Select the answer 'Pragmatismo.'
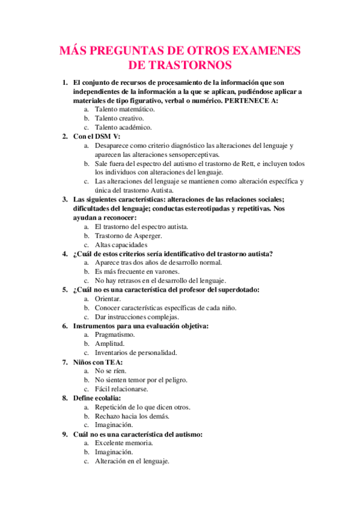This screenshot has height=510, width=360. pos(114,334)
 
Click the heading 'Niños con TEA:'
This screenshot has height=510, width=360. pos(98,362)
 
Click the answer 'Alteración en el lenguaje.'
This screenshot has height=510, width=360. pos(132,461)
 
